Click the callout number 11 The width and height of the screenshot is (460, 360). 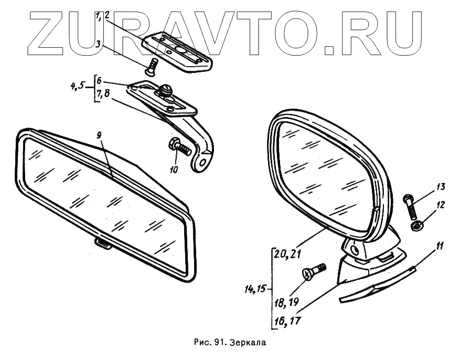click(x=439, y=245)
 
